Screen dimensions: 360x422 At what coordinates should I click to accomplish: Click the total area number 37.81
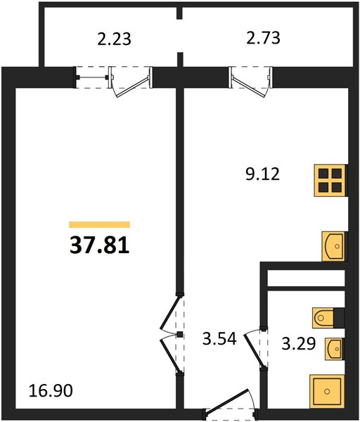[x=100, y=245]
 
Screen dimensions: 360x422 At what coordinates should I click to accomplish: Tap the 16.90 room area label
[x=51, y=390]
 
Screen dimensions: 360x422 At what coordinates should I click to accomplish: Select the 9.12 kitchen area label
[x=262, y=174]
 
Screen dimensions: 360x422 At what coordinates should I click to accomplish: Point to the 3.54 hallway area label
[x=219, y=338]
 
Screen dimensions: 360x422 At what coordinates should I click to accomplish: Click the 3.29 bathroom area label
[x=298, y=344]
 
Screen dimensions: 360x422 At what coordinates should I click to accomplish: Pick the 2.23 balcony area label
[x=114, y=39]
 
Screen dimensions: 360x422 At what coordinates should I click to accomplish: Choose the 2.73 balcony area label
[x=264, y=38]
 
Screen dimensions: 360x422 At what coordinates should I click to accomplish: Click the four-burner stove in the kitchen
[x=330, y=180]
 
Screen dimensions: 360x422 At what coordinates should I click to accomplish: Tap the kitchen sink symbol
[x=333, y=246]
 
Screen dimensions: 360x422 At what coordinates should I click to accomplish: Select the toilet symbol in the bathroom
[x=323, y=318]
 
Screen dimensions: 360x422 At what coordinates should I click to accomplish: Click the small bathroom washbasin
[x=335, y=349]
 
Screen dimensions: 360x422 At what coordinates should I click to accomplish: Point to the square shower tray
[x=327, y=391]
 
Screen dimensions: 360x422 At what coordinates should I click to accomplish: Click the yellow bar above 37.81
[x=100, y=224]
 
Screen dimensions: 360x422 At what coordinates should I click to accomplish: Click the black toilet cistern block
[x=339, y=318]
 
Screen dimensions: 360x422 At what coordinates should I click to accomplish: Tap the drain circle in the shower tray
[x=327, y=391]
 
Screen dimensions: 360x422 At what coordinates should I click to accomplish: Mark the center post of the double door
[x=180, y=335]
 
